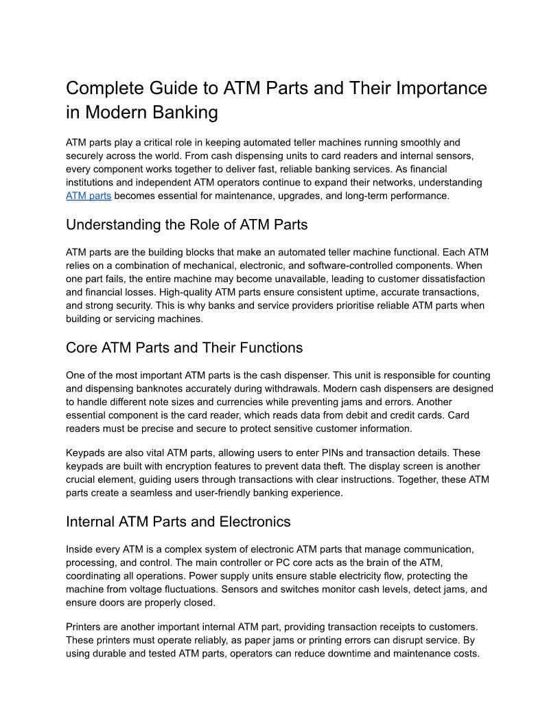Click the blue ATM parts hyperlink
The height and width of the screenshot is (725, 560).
pyautogui.click(x=89, y=196)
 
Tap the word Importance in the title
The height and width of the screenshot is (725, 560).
pyautogui.click(x=439, y=89)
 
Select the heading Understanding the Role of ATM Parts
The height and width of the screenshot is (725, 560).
pyautogui.click(x=187, y=225)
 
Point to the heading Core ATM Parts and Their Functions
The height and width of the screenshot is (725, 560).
pyautogui.click(x=184, y=347)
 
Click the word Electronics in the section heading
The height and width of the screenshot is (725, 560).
pyautogui.click(x=255, y=522)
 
